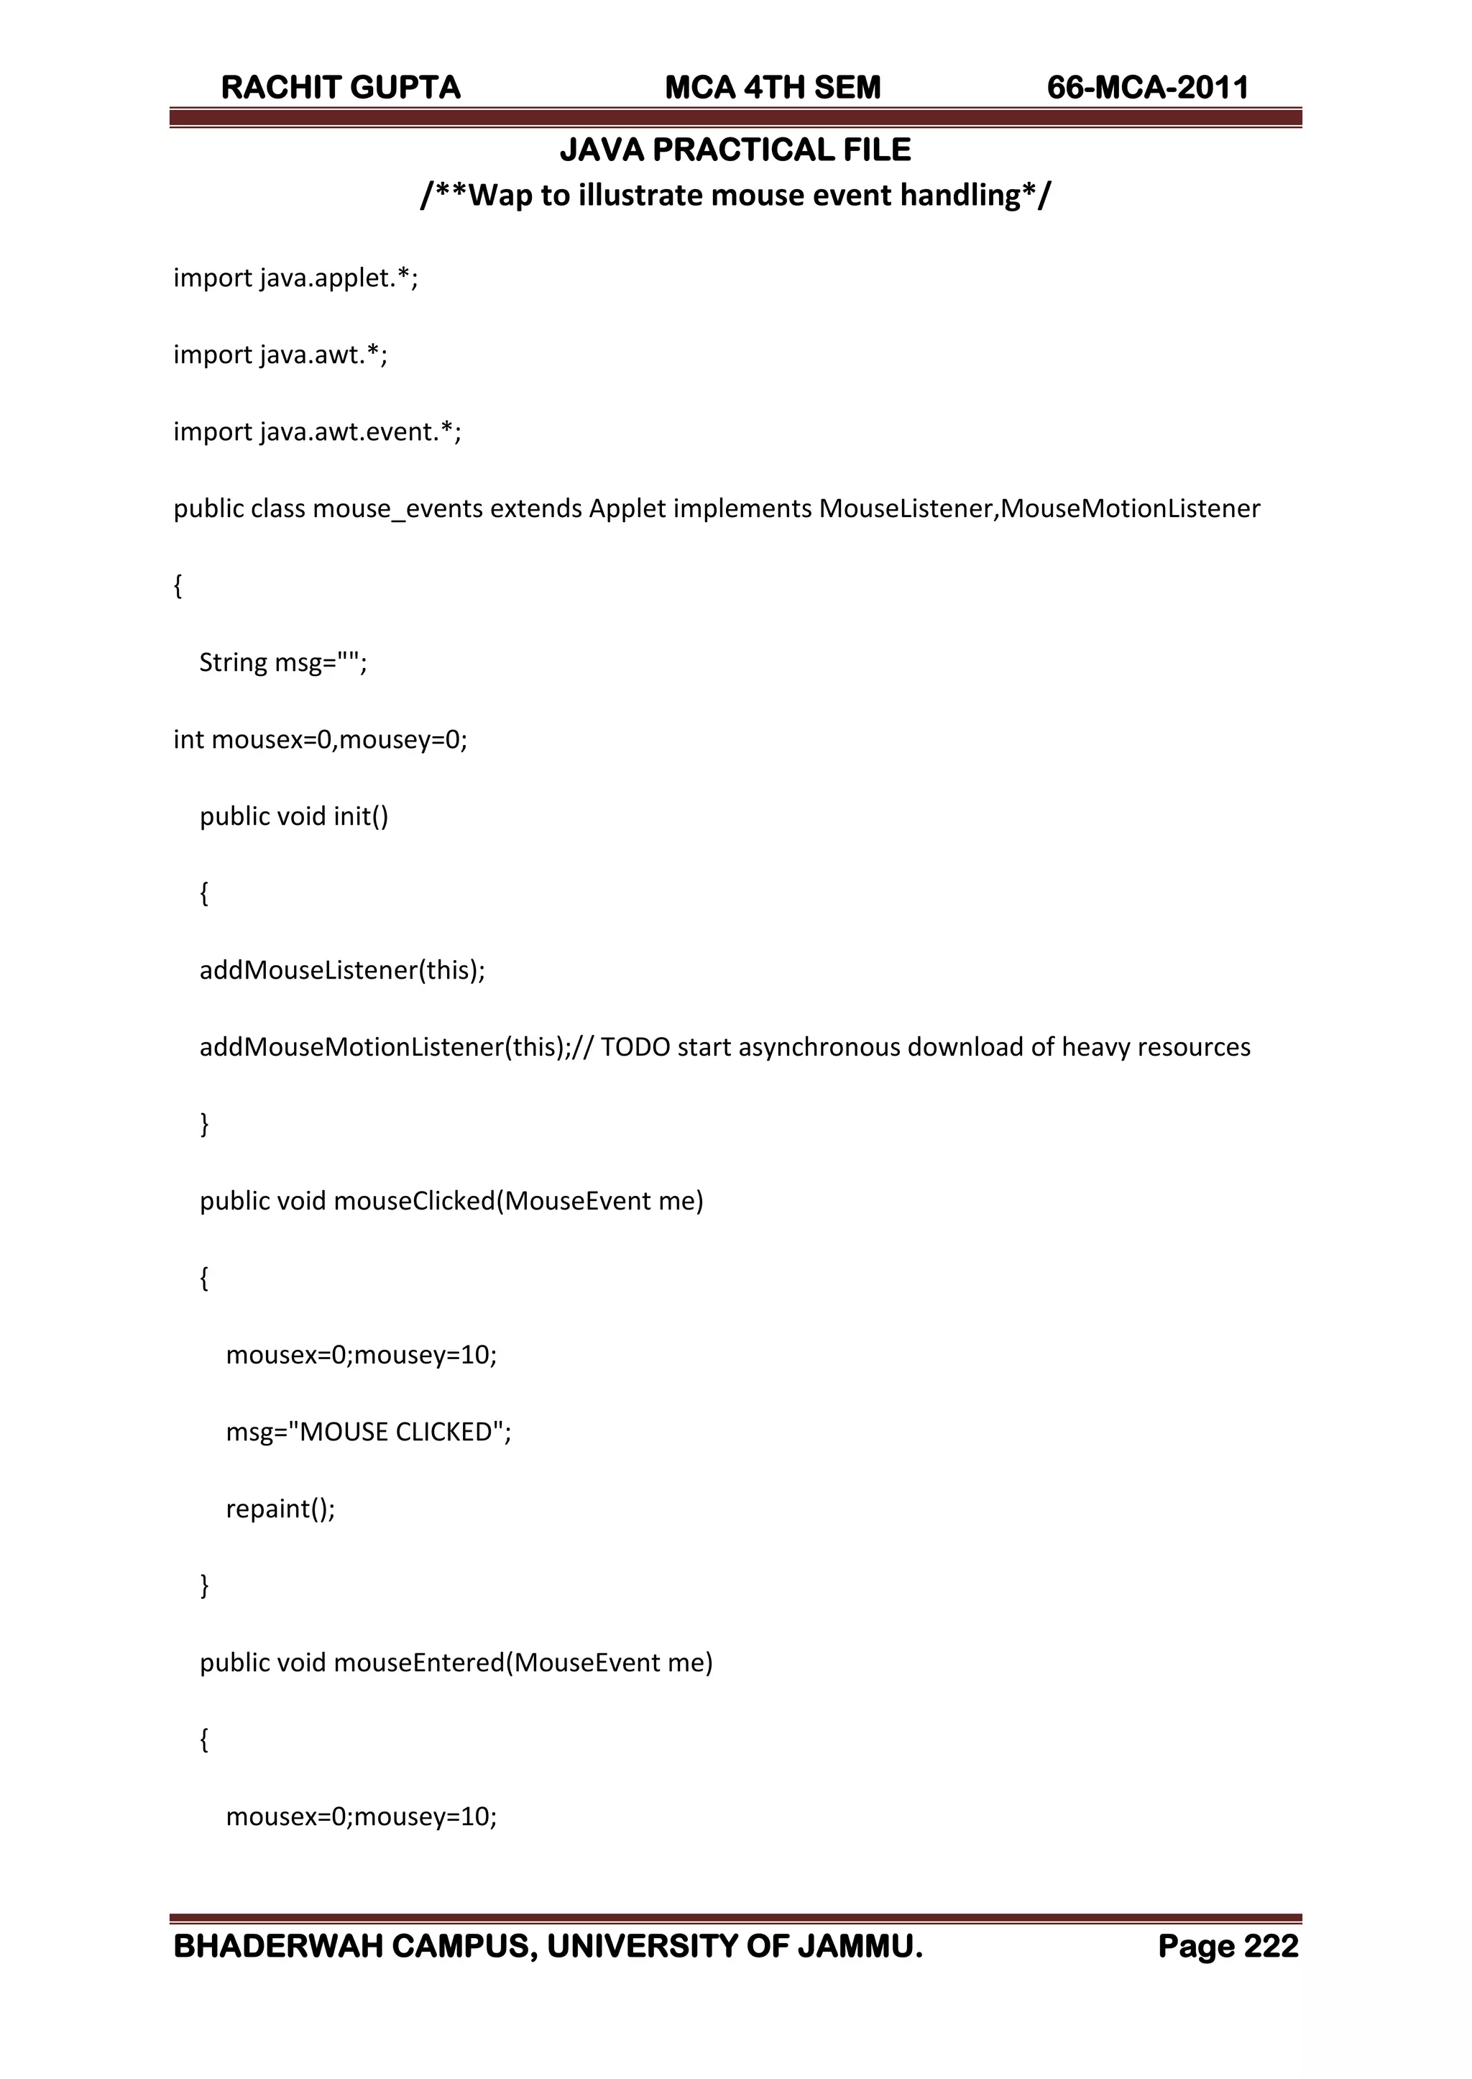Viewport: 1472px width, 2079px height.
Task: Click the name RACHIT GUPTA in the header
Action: click(x=341, y=88)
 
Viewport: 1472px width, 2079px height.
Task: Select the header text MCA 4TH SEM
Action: click(x=772, y=88)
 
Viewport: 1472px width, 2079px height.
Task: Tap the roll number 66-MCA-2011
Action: click(x=1148, y=88)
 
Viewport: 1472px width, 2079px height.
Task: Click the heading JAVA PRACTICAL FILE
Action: click(x=735, y=150)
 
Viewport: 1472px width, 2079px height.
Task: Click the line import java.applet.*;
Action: click(x=295, y=278)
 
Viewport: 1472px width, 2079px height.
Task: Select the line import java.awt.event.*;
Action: click(x=317, y=431)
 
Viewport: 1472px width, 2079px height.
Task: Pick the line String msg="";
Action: click(x=282, y=663)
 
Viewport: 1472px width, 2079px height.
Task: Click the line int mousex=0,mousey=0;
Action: click(x=320, y=740)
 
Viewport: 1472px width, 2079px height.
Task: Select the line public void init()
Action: click(x=294, y=817)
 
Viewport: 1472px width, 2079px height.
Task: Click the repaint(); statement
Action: click(x=280, y=1509)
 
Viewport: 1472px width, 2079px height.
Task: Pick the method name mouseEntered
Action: click(x=419, y=1663)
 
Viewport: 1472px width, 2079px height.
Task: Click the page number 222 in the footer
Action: click(x=1271, y=1947)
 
